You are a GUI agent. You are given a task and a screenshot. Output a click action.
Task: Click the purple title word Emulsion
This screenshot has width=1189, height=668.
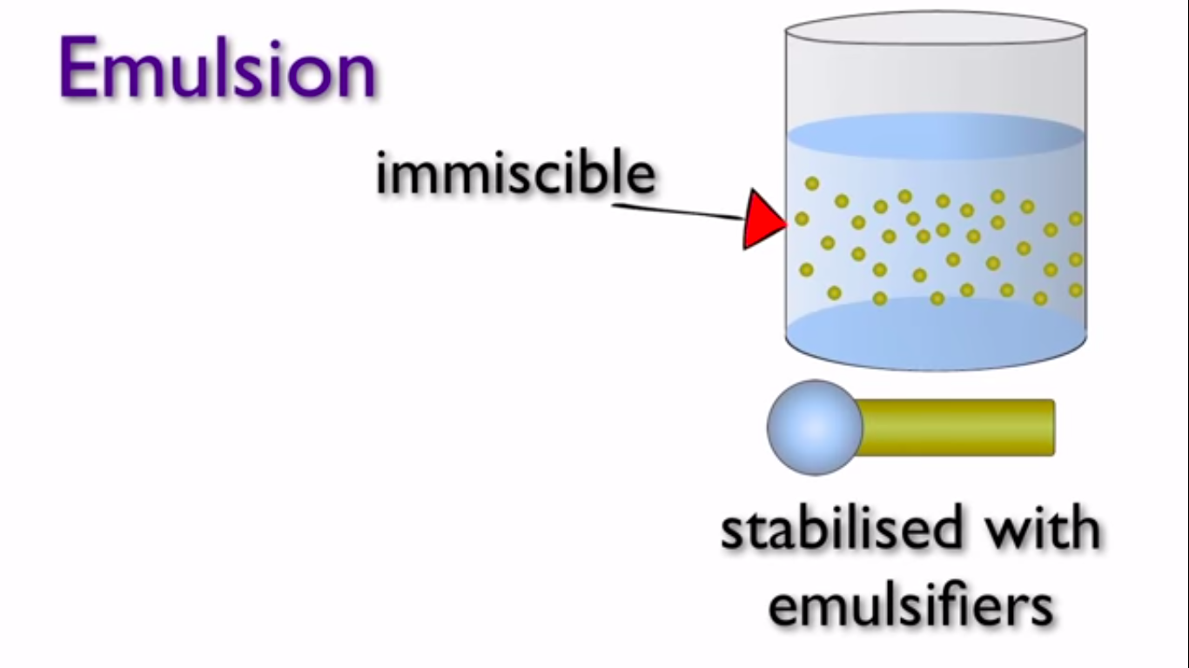pos(218,67)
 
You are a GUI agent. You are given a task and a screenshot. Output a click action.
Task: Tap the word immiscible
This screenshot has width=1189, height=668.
pos(515,172)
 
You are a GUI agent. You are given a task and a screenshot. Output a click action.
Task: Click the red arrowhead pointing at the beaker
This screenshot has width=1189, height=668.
pos(764,218)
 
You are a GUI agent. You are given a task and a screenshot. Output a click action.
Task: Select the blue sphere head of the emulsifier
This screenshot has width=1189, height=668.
pos(815,427)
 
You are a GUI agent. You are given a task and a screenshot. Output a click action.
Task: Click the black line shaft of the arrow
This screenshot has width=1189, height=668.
pos(678,210)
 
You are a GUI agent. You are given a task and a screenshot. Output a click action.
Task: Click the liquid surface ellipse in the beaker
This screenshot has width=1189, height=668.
pos(936,136)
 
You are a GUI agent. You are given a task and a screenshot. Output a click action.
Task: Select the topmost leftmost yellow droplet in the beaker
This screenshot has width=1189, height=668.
pos(812,184)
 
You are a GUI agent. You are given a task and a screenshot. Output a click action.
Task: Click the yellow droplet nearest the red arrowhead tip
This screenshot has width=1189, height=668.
pos(802,218)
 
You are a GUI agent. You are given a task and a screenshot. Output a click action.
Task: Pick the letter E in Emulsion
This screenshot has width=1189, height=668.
pos(79,67)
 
